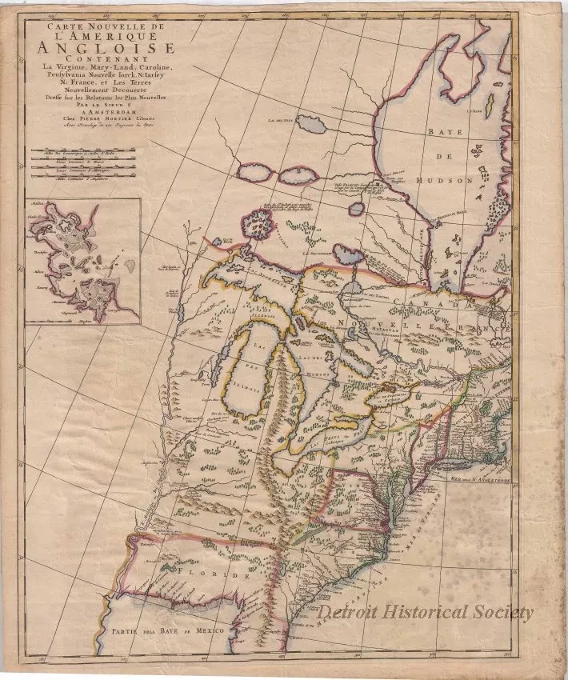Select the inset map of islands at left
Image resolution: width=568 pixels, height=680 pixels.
point(82,262)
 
